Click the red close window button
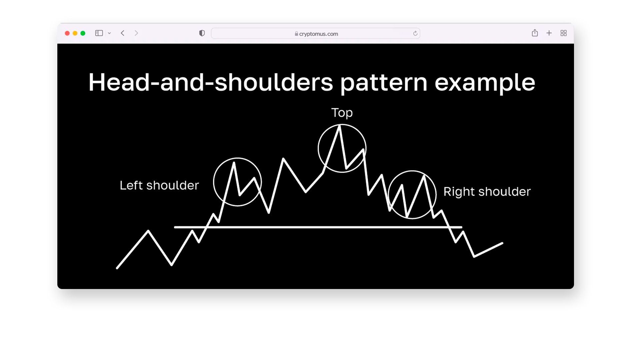(67, 33)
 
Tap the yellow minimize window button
(75, 33)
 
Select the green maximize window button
(83, 33)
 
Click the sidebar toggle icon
(99, 33)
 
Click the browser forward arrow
(136, 33)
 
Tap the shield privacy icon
(202, 33)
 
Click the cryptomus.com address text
(319, 34)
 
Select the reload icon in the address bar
(415, 33)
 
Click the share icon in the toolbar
(535, 33)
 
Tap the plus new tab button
(549, 33)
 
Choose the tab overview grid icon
(564, 33)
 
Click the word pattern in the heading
(384, 83)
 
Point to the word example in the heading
(485, 83)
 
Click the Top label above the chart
(342, 113)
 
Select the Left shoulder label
(159, 185)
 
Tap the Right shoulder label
(487, 192)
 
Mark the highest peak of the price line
(340, 126)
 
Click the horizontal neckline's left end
(175, 227)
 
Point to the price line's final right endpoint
(502, 243)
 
